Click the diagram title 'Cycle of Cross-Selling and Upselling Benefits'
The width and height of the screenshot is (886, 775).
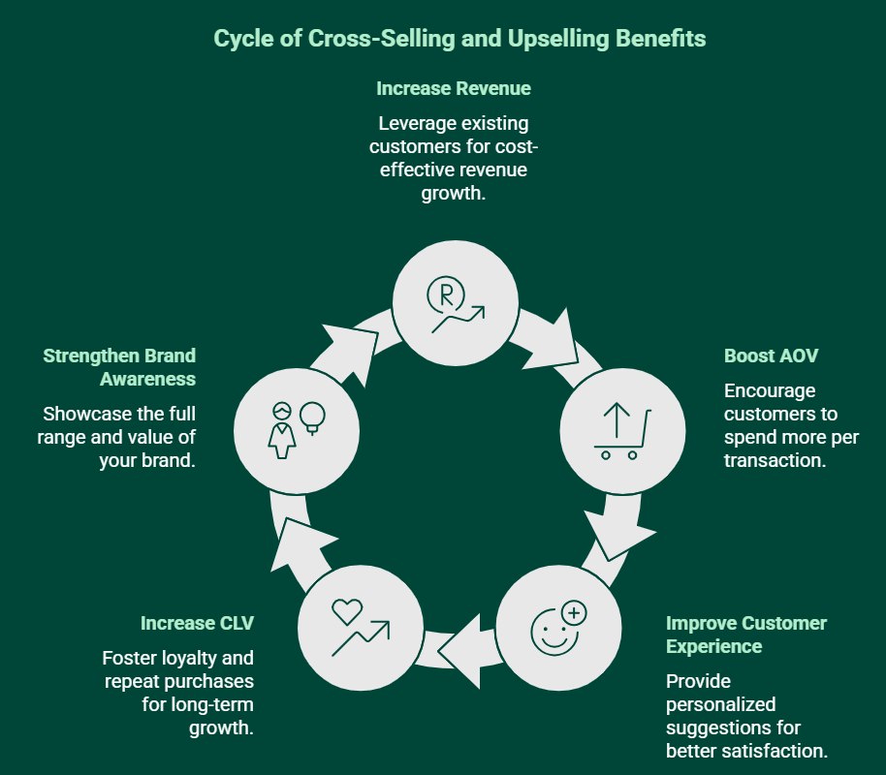(459, 39)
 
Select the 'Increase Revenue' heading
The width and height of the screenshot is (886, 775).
(453, 88)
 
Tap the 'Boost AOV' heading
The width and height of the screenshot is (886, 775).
(771, 356)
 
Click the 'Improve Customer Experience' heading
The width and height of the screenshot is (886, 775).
(745, 635)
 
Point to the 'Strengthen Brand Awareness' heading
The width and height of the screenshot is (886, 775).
(119, 367)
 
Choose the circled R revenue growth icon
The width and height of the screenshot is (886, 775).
(455, 303)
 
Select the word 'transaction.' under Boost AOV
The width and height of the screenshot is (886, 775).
(775, 460)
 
